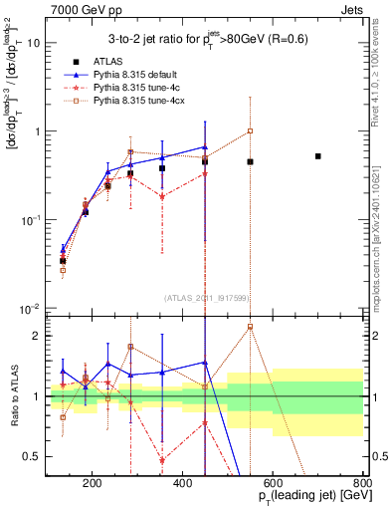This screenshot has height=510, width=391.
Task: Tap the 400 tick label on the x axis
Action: click(x=182, y=482)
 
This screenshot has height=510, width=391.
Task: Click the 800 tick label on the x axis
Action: click(x=362, y=482)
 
